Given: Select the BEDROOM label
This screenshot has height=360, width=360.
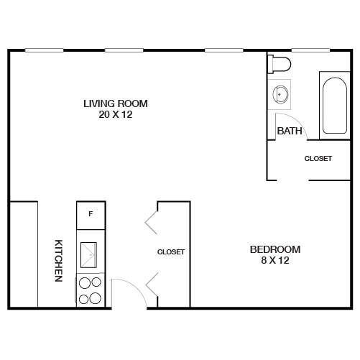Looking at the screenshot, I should pos(274,249).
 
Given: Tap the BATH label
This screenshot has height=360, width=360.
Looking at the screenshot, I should pos(289,131).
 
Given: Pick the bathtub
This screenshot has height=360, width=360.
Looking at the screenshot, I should pos(334,106).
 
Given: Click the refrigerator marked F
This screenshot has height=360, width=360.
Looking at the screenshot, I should pos(91,214).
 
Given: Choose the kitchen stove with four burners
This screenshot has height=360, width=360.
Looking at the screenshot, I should pos(91,291).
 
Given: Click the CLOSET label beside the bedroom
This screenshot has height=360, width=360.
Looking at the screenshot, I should pos(171,252).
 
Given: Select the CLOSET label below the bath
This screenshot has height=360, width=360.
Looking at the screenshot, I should pos(318,159).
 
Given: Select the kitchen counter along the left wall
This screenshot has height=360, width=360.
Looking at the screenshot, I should pos(23,255).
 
